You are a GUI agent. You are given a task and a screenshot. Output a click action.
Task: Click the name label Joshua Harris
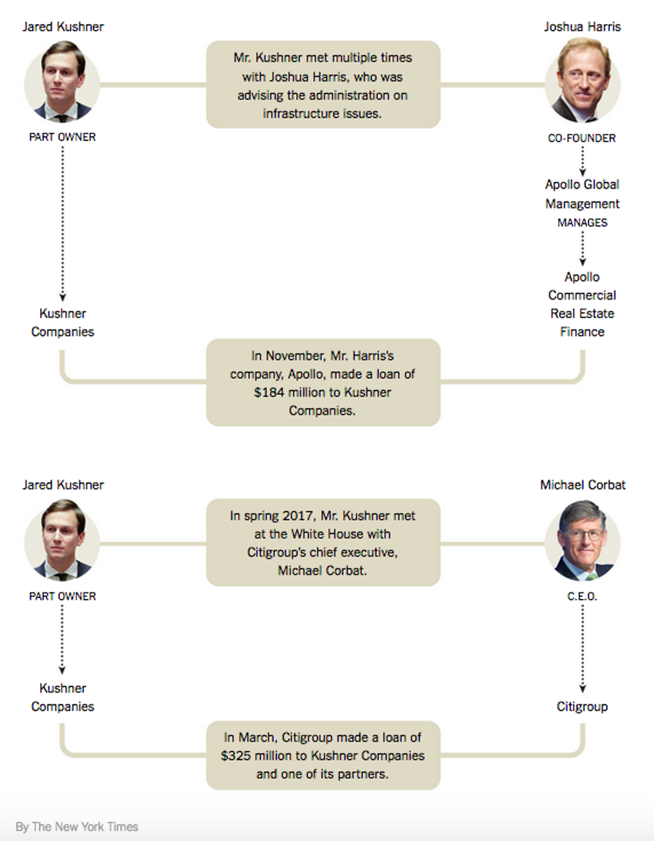[582, 27]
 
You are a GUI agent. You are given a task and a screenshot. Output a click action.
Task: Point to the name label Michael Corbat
[583, 485]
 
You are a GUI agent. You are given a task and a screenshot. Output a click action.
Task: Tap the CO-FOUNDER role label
[582, 138]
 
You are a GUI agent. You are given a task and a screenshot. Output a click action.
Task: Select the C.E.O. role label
[582, 596]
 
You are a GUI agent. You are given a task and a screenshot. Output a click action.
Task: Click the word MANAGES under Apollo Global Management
[582, 223]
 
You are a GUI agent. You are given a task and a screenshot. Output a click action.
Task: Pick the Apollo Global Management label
[582, 194]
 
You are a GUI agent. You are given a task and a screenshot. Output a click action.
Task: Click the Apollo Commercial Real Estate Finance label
[582, 304]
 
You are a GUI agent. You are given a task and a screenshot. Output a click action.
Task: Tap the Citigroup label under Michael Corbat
[582, 706]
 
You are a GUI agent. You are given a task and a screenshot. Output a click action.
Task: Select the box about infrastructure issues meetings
[323, 85]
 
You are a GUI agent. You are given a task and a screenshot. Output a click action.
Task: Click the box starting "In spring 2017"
[323, 543]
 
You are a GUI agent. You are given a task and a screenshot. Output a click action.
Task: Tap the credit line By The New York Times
[77, 827]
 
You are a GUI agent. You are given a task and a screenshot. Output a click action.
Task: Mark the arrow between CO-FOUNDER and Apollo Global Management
[582, 161]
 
